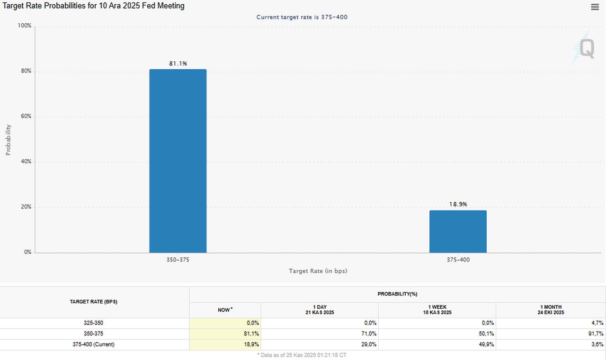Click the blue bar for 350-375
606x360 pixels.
tap(178, 161)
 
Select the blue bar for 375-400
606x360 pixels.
tap(458, 232)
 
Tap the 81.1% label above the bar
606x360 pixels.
tap(178, 63)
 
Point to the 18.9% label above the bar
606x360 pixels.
tap(458, 204)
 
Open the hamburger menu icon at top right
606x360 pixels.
tap(595, 7)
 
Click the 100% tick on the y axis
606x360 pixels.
tap(25, 26)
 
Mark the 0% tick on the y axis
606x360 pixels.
tap(27, 252)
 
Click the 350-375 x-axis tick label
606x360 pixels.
tap(178, 260)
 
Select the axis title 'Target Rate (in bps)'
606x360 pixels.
tap(318, 271)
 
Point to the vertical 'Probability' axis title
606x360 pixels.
tap(8, 140)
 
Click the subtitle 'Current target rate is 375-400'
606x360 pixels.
tap(302, 17)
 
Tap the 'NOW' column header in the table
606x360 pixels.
tap(225, 310)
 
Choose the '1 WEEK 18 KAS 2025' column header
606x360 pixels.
tap(437, 310)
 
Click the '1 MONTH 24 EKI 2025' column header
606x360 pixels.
tap(551, 310)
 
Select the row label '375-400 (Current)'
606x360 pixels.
tap(93, 344)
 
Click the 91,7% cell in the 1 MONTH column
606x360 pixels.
tap(596, 333)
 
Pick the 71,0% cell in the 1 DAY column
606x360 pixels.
tap(369, 333)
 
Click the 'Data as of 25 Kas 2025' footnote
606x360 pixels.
tap(302, 355)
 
